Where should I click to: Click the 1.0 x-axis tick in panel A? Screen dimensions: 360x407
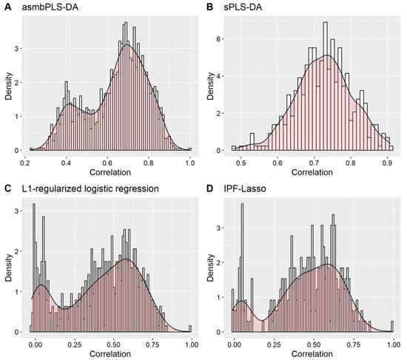pos(190,160)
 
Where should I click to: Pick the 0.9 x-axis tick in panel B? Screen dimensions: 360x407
pos(387,160)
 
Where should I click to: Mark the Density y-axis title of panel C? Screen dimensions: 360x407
pos(6,267)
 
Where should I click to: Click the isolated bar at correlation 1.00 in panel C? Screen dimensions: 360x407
pos(190,329)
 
